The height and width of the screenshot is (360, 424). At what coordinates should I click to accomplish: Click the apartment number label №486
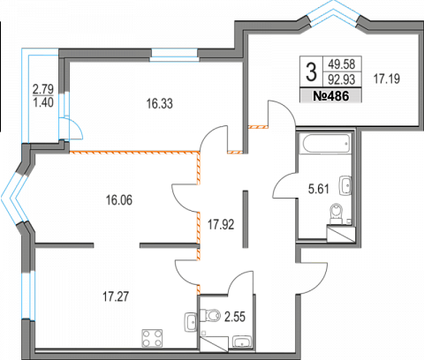coord(331,96)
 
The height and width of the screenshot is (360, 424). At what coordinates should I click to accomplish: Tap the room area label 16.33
coord(160,104)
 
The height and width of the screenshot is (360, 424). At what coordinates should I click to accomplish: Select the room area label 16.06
coord(119,200)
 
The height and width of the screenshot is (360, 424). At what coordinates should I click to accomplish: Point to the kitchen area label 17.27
coord(116,296)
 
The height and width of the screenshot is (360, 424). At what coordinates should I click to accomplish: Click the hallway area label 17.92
coord(221,225)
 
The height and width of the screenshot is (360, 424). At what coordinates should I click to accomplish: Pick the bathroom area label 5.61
coord(319,189)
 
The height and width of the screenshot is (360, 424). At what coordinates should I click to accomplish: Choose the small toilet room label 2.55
coord(235,317)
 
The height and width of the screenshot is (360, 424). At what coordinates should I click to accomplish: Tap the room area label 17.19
coord(387,79)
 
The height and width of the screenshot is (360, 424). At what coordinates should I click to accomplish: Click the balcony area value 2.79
coord(43,88)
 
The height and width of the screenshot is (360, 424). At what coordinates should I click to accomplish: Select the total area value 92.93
coord(342,79)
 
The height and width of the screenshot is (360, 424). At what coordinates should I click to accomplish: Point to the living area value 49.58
coord(342,64)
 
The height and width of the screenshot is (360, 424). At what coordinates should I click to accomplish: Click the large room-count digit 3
coord(311,72)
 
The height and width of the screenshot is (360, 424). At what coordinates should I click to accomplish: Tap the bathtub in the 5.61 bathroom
coord(325,144)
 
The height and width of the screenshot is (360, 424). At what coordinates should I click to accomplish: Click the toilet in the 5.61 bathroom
coord(337,214)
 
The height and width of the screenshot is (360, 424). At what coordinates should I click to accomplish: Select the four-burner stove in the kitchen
coord(152,338)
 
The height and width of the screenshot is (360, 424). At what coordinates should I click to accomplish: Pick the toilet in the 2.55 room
coord(210,316)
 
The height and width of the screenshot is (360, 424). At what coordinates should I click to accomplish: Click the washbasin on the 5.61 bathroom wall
coord(345,185)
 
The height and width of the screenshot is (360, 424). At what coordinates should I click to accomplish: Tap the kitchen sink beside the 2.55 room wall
coord(191,322)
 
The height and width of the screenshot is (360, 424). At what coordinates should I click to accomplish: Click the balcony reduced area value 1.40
coord(43,102)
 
